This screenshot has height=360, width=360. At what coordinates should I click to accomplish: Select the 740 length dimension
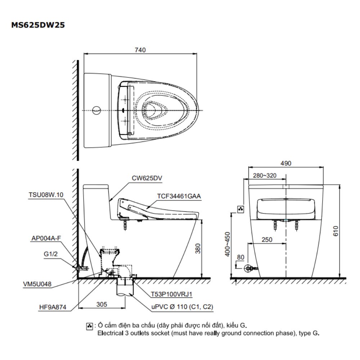point(140,50)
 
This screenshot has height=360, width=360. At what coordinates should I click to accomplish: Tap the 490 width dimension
point(286,163)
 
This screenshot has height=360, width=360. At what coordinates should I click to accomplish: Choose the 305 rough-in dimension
point(102,304)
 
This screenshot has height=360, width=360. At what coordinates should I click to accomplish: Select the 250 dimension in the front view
point(267,239)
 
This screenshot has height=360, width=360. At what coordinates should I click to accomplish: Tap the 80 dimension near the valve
point(240,258)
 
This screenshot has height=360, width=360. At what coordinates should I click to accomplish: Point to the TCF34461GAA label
point(179,197)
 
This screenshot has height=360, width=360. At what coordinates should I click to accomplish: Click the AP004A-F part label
point(46,238)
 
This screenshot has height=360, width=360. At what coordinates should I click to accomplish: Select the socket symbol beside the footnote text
point(90,326)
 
